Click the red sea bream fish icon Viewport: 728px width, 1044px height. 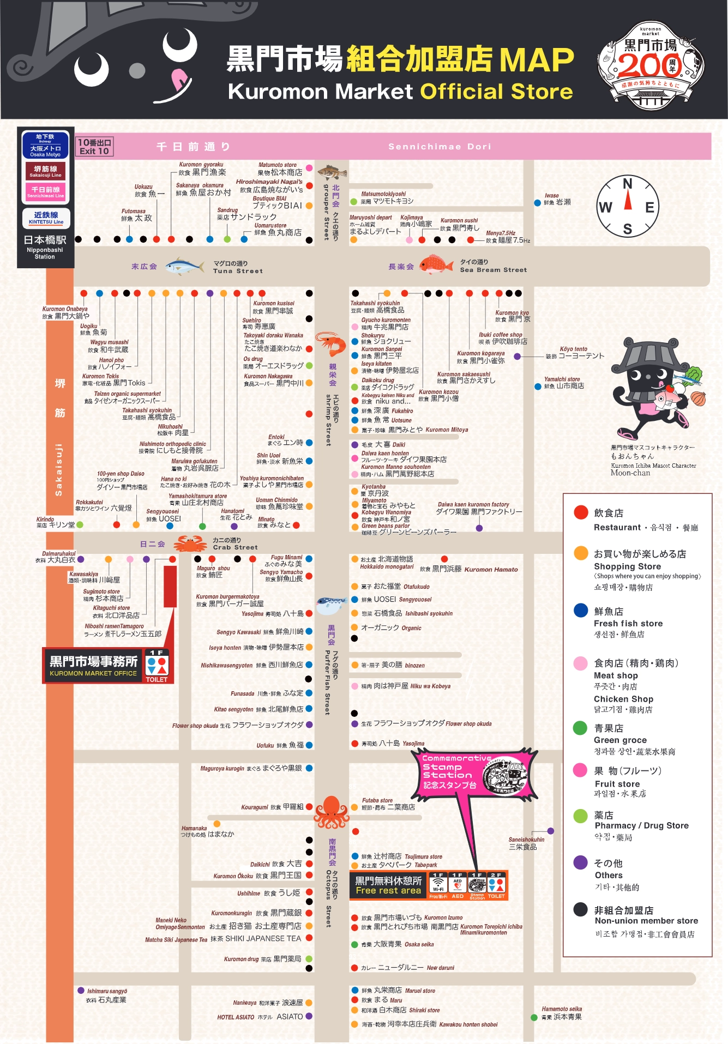436,264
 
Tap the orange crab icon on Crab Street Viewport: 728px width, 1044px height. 190,544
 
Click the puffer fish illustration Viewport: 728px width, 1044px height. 332,605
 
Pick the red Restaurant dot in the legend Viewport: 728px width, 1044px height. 581,512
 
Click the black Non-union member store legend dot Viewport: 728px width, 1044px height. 580,909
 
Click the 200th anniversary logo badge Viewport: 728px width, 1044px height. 651,65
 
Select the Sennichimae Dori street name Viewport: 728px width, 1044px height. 440,147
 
